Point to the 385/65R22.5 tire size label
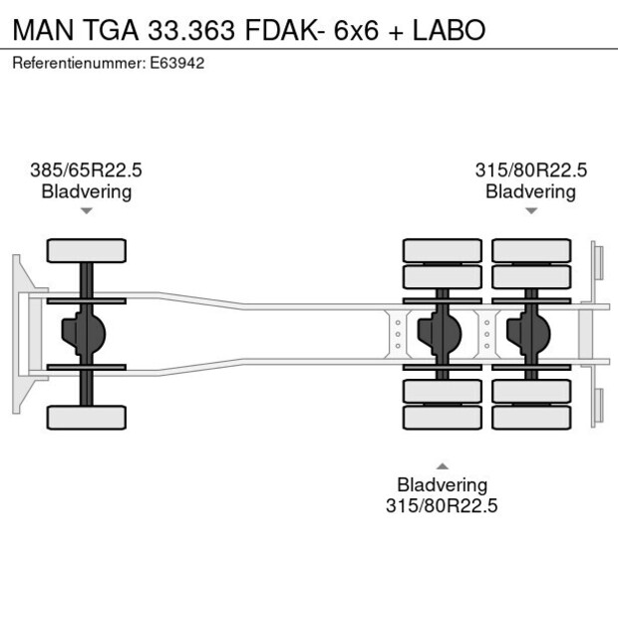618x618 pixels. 86,170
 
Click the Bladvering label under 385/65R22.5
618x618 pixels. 86,191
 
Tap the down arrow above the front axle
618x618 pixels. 87,211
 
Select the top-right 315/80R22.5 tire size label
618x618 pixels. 530,170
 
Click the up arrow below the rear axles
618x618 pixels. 442,465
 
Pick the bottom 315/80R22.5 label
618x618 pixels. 442,505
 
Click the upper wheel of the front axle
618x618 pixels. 87,250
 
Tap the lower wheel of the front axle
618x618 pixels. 87,417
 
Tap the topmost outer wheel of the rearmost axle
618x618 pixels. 530,250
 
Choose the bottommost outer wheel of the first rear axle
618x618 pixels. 442,417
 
